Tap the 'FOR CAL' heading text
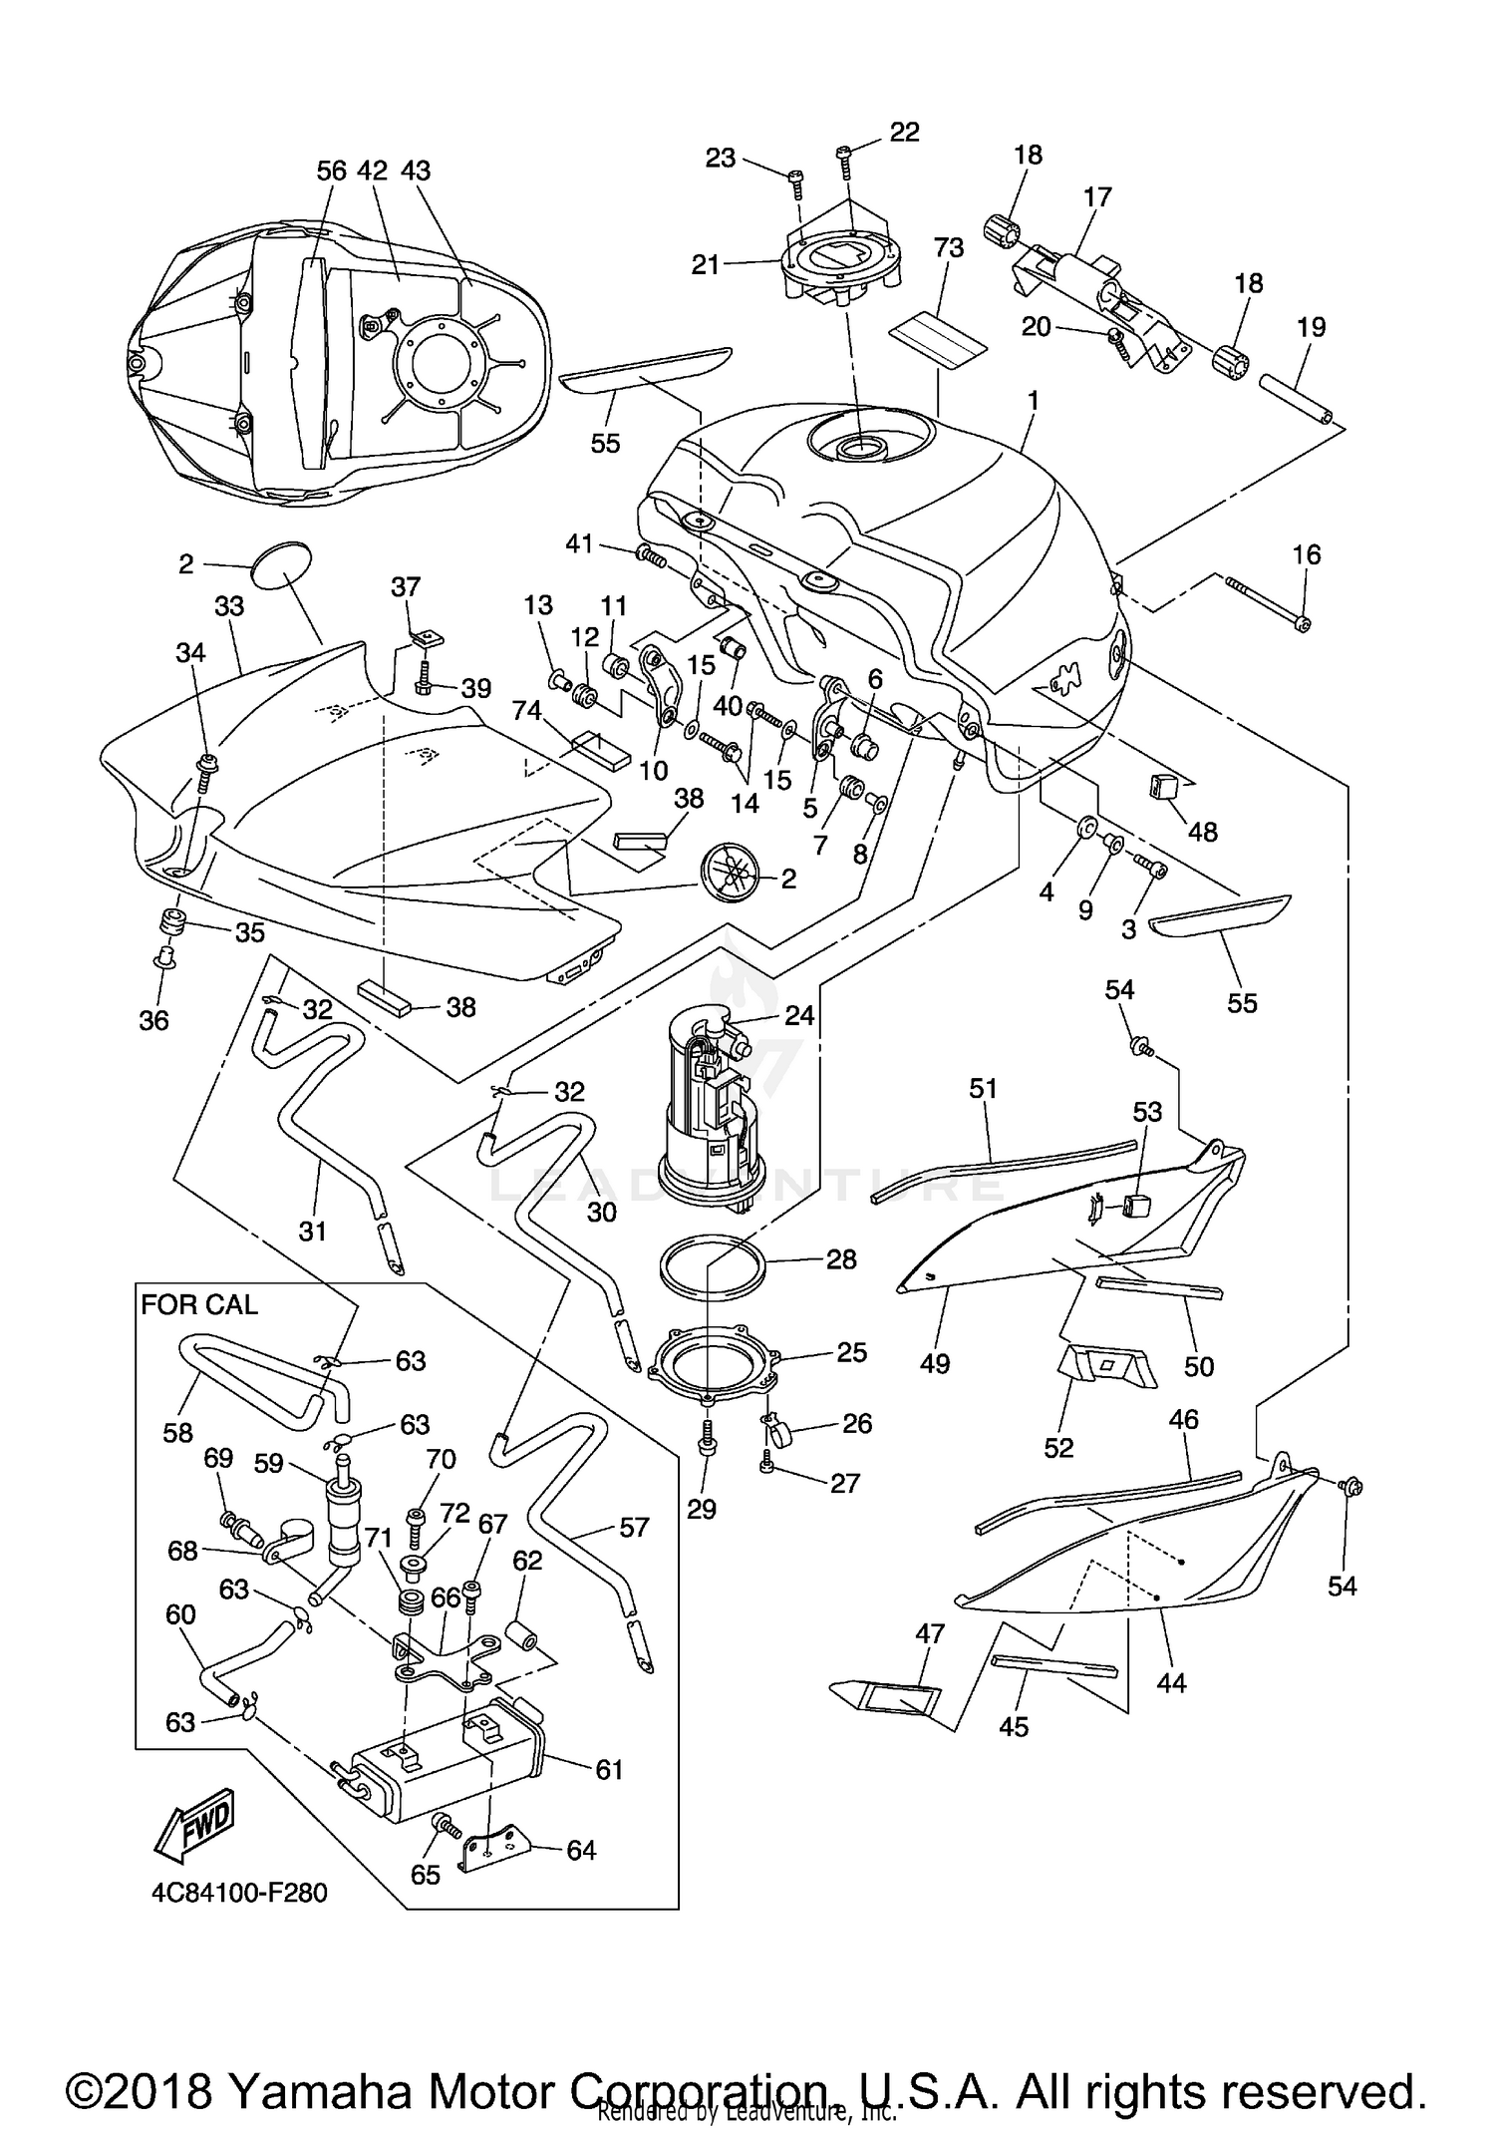pyautogui.click(x=199, y=1304)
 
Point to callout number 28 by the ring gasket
pyautogui.click(x=841, y=1259)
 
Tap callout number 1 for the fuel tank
pyautogui.click(x=1034, y=401)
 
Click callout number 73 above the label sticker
pyautogui.click(x=948, y=247)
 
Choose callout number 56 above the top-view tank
pyautogui.click(x=331, y=171)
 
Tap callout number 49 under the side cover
pyautogui.click(x=935, y=1362)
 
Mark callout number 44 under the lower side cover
pyautogui.click(x=1172, y=1682)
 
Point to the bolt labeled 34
pyautogui.click(x=207, y=768)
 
